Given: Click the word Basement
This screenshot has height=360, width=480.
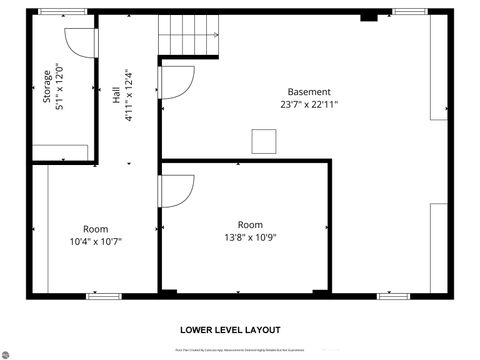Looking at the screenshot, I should point(309,92).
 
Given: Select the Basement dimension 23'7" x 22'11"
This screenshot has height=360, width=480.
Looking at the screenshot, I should point(309,104).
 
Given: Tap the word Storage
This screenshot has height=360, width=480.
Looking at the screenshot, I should point(46,87).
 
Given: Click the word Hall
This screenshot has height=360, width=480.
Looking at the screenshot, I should point(116,96).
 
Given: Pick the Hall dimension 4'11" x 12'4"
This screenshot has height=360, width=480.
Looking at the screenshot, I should point(127,96).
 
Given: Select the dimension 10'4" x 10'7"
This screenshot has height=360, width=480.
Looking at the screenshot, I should point(96,240).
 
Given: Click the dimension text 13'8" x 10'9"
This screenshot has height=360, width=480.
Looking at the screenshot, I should point(250,237).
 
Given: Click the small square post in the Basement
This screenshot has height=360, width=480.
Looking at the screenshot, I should point(264,141).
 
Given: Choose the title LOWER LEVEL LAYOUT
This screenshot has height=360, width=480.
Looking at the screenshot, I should point(230,329).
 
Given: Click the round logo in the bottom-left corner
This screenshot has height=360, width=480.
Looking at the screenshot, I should point(9,352).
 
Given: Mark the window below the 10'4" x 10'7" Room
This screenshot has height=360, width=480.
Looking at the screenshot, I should point(103,295).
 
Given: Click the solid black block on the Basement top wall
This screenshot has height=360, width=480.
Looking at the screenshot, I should point(367,15).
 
